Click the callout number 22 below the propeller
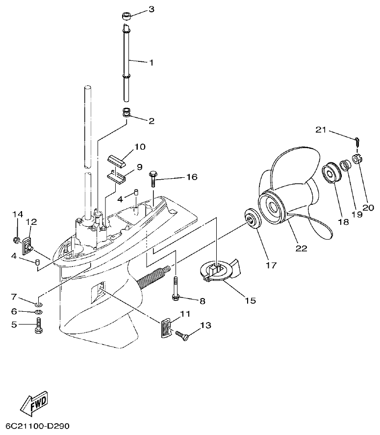tap(301, 248)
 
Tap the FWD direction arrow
tap(34, 402)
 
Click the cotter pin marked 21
tap(357, 141)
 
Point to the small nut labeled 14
tap(17, 240)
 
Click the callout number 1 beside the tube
tap(151, 62)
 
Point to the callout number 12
tap(31, 222)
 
